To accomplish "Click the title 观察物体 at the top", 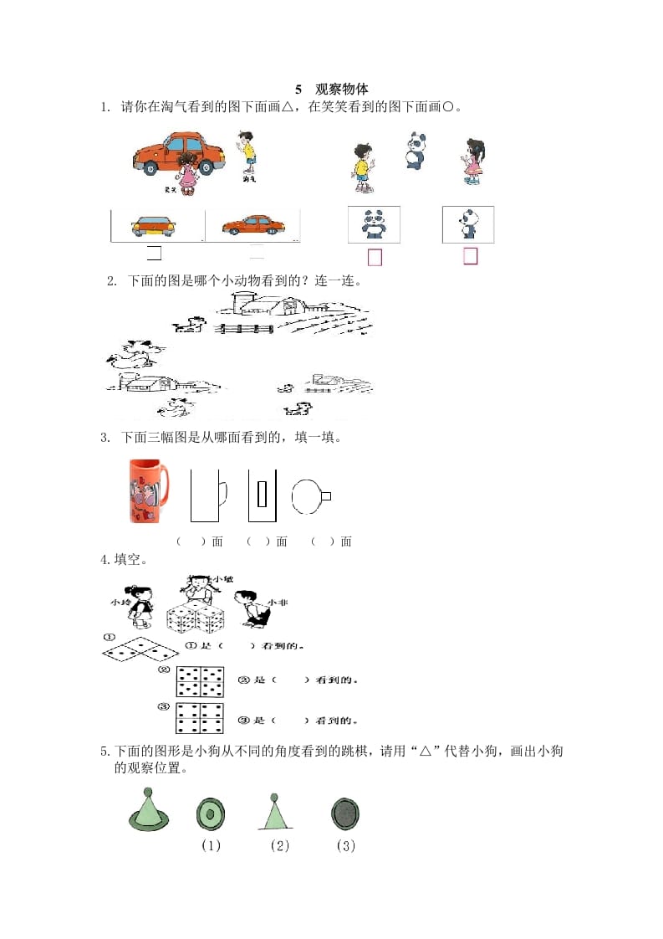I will click(341, 89).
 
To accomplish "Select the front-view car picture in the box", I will click(154, 225).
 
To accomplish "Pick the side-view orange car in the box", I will click(252, 224).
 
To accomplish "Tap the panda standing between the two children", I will click(416, 151).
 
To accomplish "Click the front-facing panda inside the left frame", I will click(374, 223).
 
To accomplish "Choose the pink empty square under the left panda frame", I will click(375, 258).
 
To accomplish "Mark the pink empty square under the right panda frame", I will click(471, 256).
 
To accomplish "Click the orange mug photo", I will click(148, 490).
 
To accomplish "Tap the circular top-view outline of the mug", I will click(309, 496).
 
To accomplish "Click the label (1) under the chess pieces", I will click(211, 845).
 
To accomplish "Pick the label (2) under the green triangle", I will click(279, 845).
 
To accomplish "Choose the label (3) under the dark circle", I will click(346, 845).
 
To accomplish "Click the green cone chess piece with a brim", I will click(148, 811).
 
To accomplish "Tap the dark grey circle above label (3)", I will click(344, 812).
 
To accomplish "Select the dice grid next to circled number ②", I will click(200, 681).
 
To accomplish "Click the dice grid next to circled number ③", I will click(200, 718).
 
